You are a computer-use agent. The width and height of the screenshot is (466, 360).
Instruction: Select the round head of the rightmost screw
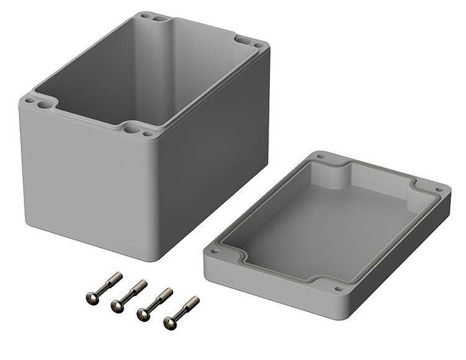pos(169,323)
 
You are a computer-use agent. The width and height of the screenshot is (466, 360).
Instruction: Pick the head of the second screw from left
pos(116,306)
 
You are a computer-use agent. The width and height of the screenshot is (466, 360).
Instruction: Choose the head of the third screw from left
pos(143,315)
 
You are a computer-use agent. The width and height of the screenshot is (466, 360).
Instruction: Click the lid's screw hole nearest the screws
pos(338,288)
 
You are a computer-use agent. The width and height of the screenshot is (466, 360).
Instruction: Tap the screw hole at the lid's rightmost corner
pos(439,189)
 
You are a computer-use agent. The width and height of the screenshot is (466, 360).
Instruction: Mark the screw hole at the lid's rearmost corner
pos(321,157)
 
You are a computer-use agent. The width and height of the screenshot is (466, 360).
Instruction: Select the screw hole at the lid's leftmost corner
pos(215,250)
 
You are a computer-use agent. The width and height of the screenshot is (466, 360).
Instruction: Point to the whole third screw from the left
pos(154,304)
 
